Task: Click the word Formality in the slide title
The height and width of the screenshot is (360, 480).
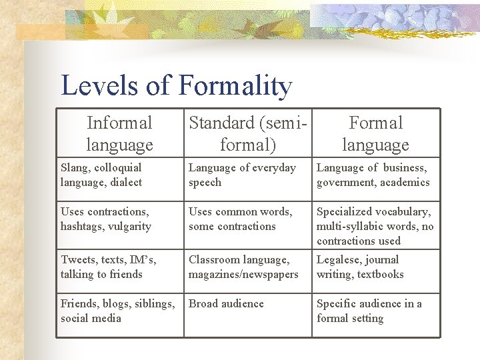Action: point(235,85)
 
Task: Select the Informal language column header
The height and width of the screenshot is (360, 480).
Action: point(119,133)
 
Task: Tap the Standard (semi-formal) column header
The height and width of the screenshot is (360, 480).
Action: point(249,133)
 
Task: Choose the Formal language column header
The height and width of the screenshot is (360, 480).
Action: point(376,133)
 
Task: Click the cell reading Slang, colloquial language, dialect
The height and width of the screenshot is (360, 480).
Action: point(101,175)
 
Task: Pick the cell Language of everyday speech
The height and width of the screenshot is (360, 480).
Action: point(242,175)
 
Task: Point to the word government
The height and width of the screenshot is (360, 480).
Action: point(347,182)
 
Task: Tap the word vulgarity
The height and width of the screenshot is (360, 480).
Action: point(131,226)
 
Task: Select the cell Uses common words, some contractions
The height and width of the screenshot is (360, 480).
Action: point(240,219)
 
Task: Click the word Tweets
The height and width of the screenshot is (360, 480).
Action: point(79,259)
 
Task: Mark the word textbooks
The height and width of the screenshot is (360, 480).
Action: point(381,274)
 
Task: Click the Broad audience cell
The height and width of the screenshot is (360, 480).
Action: point(226,303)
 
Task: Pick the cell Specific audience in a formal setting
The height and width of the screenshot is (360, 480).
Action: point(369,311)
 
